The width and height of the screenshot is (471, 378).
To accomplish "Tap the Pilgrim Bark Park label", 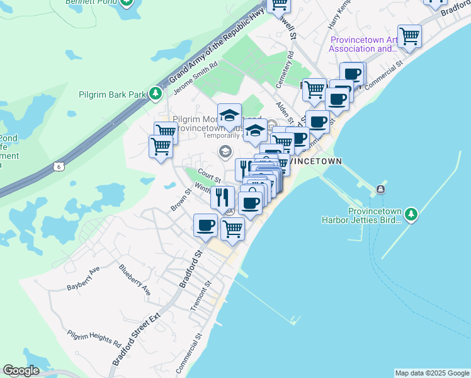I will tap(113, 95).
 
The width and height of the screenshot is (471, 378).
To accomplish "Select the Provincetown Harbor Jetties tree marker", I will tap(411, 214).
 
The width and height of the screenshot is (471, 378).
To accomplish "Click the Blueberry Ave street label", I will tap(135, 280).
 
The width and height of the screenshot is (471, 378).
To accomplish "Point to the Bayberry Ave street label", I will tap(84, 279).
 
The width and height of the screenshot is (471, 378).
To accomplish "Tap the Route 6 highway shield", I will tap(59, 166).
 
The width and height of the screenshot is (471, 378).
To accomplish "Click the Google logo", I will tap(21, 370).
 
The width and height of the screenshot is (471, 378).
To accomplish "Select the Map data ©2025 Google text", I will tap(432, 373).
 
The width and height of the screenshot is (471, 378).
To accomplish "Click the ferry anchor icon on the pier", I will tap(381, 190).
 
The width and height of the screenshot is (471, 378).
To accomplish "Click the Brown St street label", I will tap(179, 200).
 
